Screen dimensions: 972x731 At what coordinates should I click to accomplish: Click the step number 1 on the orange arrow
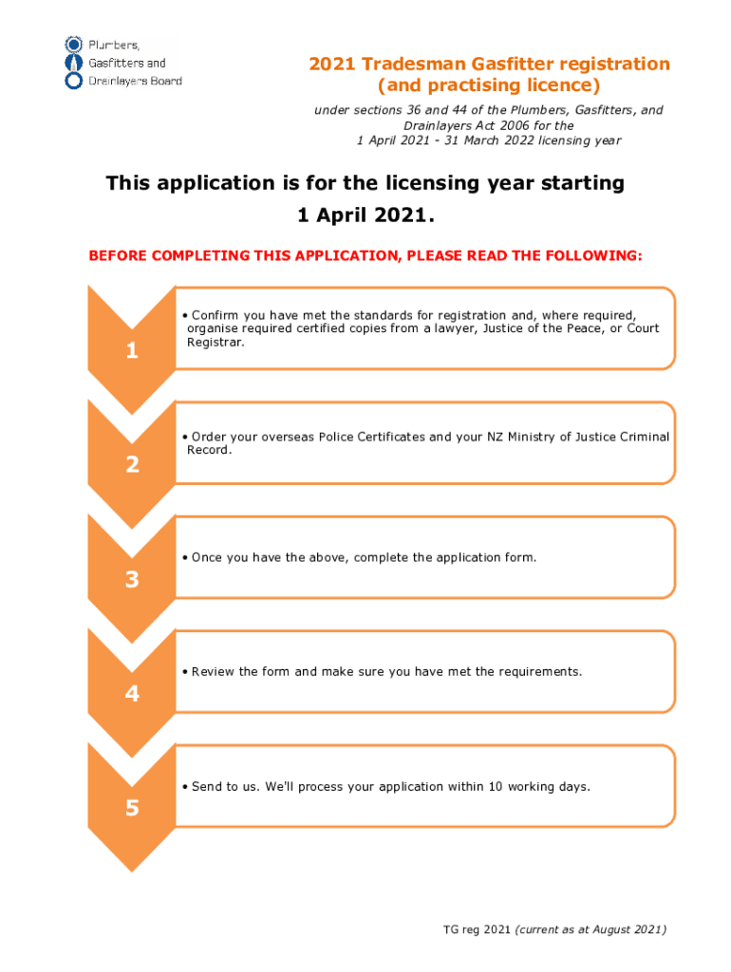132,351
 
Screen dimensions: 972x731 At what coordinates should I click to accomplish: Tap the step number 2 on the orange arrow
132,465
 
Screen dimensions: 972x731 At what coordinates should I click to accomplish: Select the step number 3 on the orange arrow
132,580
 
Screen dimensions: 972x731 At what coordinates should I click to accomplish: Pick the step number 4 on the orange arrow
132,695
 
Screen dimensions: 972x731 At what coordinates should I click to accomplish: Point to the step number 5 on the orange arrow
132,809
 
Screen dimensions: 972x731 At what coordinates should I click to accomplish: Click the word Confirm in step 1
216,315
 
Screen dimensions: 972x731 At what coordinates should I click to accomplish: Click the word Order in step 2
209,437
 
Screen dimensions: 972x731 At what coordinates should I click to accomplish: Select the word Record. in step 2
209,450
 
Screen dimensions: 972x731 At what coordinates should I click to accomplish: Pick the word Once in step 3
208,557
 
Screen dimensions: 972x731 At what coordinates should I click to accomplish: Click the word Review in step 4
214,672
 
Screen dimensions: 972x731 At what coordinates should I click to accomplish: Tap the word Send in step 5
207,787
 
